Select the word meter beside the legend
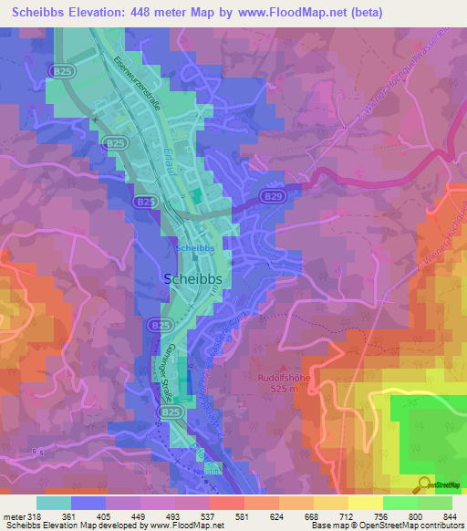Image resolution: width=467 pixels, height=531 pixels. coord(12,515)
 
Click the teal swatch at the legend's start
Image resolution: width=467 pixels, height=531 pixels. coord(54,503)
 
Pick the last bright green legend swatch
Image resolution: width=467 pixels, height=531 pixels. coord(434,503)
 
